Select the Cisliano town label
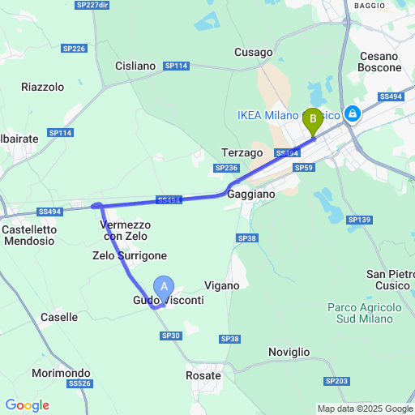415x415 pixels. [x=135, y=66]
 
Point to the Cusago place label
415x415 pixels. [x=253, y=53]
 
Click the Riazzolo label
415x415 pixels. [x=42, y=87]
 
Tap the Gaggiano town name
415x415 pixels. [x=251, y=195]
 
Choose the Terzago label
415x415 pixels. [x=242, y=152]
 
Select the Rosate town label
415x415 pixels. [x=203, y=375]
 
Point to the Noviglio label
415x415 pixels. [x=289, y=352]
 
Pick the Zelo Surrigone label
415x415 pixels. [x=130, y=255]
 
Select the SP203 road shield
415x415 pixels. [x=336, y=381]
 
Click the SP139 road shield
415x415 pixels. [x=358, y=220]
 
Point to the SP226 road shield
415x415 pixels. [x=73, y=49]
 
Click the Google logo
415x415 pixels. [x=27, y=405]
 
